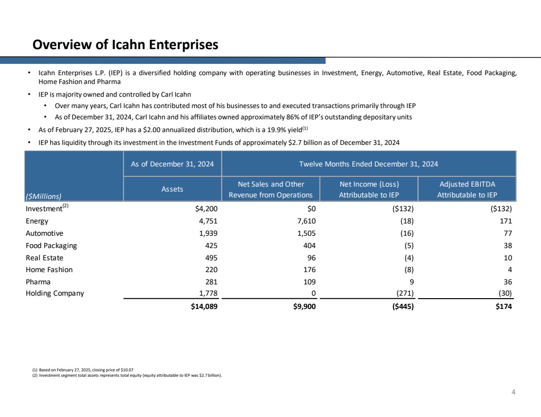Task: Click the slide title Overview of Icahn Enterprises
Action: pos(125,45)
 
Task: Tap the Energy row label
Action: pos(37,221)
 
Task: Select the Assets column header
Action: pos(172,189)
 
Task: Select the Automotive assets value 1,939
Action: pos(207,233)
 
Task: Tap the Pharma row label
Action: pos(38,282)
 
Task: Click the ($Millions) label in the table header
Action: pos(44,196)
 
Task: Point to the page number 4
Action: pos(513,392)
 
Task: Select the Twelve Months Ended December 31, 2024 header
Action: pos(368,164)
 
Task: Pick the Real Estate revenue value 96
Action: pos(310,257)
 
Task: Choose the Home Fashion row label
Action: pos(49,270)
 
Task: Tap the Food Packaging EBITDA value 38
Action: pos(508,246)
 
